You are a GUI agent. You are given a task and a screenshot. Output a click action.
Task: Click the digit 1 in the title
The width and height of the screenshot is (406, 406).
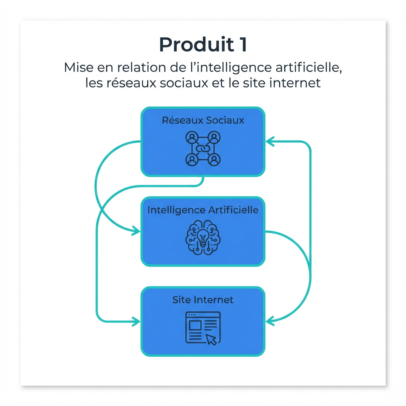click(243, 45)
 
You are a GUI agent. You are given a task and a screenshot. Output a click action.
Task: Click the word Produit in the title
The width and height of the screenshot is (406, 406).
click(195, 45)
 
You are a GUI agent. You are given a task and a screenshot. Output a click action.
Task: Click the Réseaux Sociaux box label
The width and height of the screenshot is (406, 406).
click(203, 120)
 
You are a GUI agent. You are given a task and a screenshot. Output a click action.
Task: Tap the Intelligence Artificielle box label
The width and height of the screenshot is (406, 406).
click(203, 210)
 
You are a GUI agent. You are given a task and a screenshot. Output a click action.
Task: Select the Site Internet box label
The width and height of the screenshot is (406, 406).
click(203, 300)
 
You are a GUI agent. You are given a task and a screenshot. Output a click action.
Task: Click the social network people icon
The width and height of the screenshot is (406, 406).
click(203, 149)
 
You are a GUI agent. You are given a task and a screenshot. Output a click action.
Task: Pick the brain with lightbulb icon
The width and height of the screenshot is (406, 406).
click(203, 238)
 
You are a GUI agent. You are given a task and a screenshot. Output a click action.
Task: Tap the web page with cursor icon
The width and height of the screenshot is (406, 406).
click(203, 328)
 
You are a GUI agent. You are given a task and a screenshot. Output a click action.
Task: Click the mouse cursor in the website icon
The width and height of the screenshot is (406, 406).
click(212, 339)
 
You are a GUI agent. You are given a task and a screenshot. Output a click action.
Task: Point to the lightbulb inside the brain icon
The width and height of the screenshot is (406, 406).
click(203, 238)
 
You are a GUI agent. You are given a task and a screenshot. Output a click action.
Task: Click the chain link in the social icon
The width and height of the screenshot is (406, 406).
click(203, 149)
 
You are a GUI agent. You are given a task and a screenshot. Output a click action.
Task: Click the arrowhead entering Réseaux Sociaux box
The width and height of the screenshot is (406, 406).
click(270, 141)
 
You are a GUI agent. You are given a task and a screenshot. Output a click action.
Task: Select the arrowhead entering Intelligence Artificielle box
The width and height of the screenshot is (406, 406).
click(136, 230)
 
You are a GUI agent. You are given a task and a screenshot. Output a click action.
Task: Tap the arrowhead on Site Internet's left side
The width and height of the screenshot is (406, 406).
click(136, 321)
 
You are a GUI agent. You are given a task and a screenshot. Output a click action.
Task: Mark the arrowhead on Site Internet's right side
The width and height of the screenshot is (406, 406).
click(270, 321)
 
